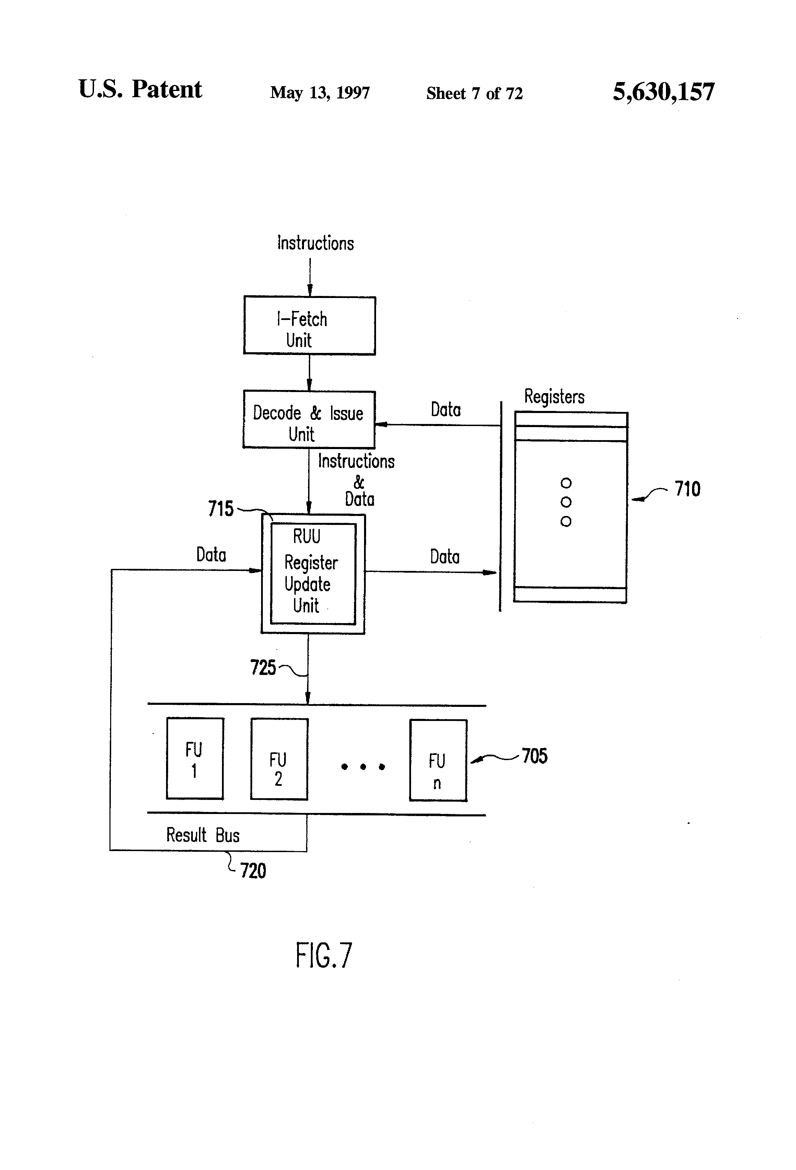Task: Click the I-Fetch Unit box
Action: [309, 326]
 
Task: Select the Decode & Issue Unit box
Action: [309, 420]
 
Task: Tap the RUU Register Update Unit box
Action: [313, 574]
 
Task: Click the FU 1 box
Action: [195, 758]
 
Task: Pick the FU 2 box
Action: [279, 759]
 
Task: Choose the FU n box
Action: [438, 760]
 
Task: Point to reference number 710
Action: [687, 489]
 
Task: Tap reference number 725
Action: [263, 667]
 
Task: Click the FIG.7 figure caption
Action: [324, 955]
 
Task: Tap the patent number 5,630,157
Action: [663, 92]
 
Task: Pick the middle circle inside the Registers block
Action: [565, 502]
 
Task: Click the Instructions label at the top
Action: [315, 243]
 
